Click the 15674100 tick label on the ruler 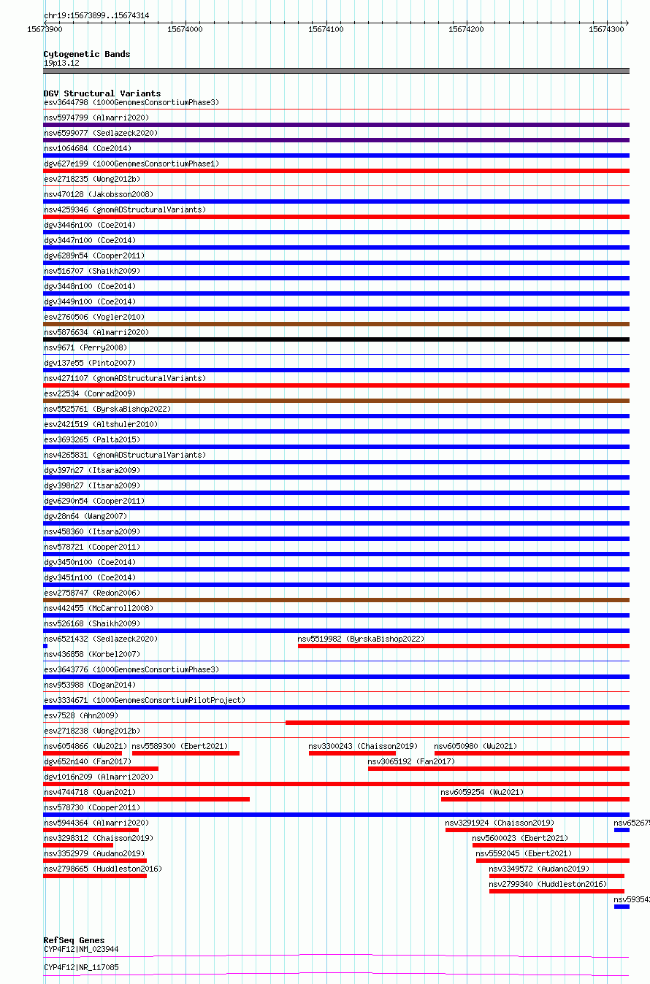tap(325, 29)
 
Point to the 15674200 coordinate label tap(466, 29)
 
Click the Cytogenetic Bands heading tap(87, 54)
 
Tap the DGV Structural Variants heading tap(102, 93)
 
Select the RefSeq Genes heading tap(74, 940)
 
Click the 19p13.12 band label tap(61, 63)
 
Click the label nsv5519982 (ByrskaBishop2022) tap(361, 639)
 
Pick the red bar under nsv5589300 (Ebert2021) tap(186, 753)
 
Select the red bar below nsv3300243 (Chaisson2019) tap(352, 753)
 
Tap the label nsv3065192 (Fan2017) tap(411, 761)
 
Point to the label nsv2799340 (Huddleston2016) tap(548, 884)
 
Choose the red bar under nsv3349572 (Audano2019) tap(557, 876)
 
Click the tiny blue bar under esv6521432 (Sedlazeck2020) tap(45, 646)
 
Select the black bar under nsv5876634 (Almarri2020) tap(336, 339)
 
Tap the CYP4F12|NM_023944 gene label tap(81, 949)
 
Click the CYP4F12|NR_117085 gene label tap(81, 967)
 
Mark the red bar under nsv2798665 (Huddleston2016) tap(95, 876)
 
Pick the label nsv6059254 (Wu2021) tap(482, 792)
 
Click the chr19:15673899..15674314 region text tap(96, 15)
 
